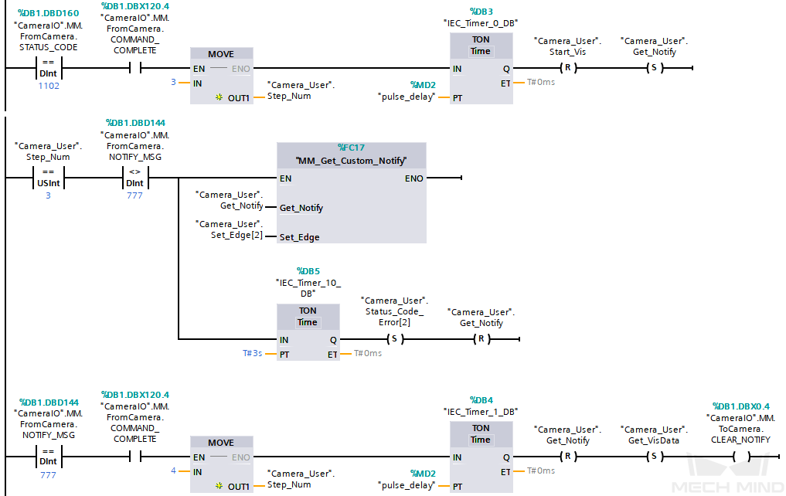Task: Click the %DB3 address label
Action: (481, 12)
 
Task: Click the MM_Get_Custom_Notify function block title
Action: (351, 161)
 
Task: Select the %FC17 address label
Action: (351, 147)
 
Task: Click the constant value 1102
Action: (49, 86)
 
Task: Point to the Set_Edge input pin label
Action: (300, 237)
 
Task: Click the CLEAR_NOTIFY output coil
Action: (740, 456)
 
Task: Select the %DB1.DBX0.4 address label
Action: (740, 406)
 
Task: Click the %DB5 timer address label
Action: (308, 271)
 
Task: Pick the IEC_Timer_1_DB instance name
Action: (481, 412)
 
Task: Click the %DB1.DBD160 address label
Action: (49, 13)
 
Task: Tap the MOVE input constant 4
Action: (175, 471)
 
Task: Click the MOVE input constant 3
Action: (175, 81)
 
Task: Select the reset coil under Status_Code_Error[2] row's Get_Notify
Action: (481, 338)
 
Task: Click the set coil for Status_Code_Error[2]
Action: (394, 338)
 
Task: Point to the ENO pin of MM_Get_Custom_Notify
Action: (413, 178)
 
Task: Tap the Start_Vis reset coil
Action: (567, 68)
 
